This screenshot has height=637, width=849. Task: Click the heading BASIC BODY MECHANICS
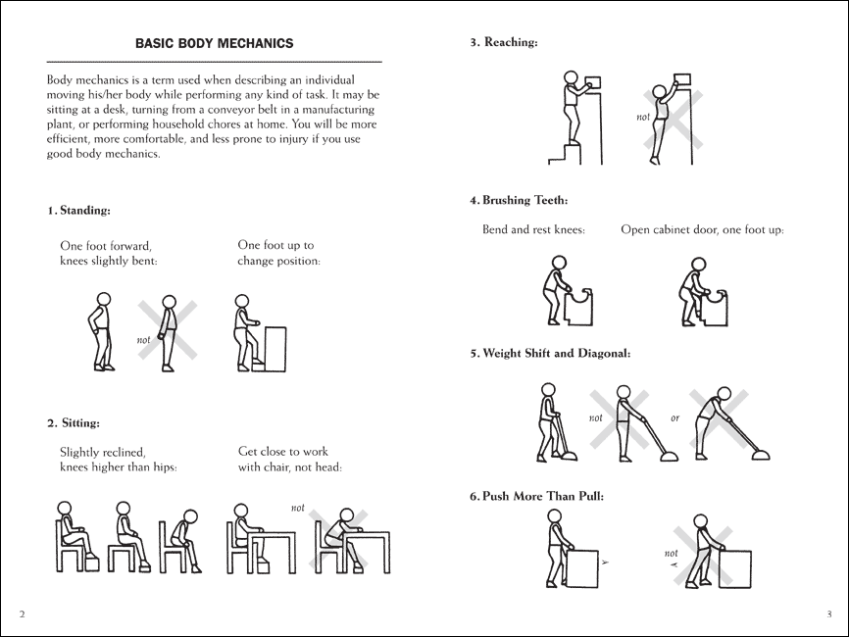(x=214, y=43)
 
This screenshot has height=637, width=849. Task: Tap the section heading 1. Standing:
(x=78, y=211)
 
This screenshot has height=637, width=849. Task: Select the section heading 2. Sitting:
(x=74, y=423)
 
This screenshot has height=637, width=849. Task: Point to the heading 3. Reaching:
(x=504, y=42)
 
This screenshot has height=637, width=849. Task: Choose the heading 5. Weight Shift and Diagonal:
(x=549, y=353)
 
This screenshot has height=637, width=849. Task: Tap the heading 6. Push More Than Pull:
(x=536, y=496)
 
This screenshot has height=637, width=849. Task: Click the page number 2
(x=22, y=613)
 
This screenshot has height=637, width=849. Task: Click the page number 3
(x=828, y=613)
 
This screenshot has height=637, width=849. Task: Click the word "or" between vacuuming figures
(x=674, y=418)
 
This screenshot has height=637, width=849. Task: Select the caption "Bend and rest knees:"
(x=533, y=230)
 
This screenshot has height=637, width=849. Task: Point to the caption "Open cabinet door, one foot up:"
(x=702, y=230)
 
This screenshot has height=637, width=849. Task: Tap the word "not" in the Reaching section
(x=643, y=118)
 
